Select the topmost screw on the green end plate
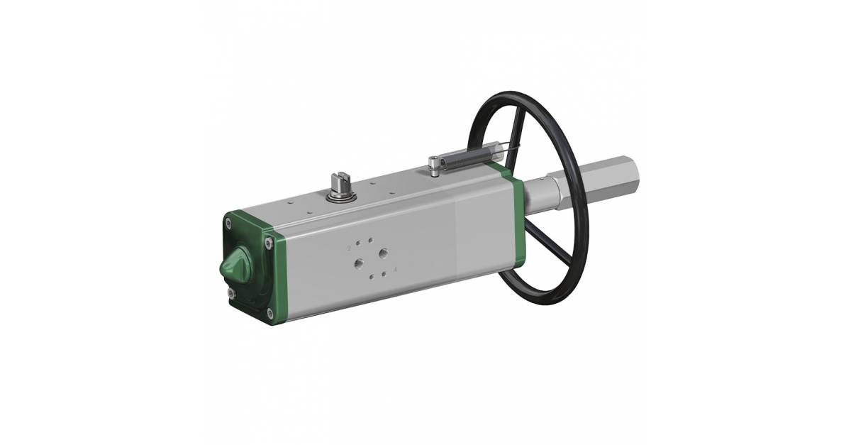coord(229,223)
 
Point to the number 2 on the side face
coord(349,248)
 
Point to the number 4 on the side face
coord(394,270)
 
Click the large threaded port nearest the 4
coord(384,253)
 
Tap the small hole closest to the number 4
coord(384,273)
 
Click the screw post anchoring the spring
coord(434,167)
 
